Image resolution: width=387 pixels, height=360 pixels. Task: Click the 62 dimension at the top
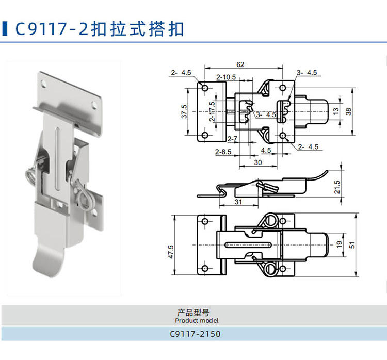point(240,64)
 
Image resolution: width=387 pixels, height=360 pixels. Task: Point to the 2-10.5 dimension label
point(226,77)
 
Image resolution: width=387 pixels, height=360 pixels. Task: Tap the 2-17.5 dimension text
point(212,111)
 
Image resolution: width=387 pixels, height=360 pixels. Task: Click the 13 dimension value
point(335,110)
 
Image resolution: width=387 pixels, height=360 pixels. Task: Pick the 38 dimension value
point(348,110)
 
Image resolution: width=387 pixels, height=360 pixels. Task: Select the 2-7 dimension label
point(232,140)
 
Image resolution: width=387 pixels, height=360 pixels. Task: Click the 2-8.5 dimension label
point(223,152)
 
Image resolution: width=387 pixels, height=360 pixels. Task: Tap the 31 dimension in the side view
point(238,202)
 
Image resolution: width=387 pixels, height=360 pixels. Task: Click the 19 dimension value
point(339,245)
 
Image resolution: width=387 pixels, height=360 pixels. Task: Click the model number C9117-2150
point(195,334)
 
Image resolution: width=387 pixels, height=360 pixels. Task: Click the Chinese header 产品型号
point(193,312)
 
